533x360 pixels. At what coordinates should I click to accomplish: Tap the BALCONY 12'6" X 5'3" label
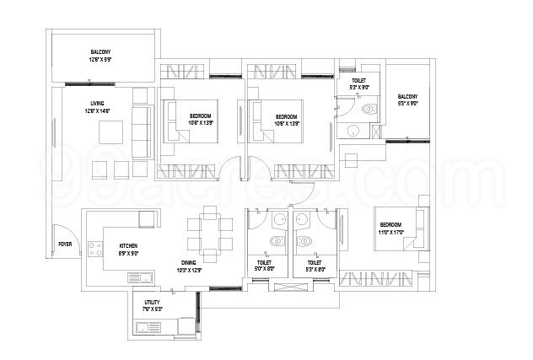(x=102, y=56)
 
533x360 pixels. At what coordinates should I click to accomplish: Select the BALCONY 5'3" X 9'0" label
(x=408, y=100)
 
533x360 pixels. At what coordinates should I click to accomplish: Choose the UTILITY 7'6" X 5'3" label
(x=153, y=305)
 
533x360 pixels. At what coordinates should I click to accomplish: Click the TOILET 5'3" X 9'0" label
(x=359, y=83)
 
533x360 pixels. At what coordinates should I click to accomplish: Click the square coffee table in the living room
(x=109, y=132)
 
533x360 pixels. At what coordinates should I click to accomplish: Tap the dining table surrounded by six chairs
(x=212, y=233)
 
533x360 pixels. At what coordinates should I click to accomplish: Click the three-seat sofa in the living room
(x=141, y=122)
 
